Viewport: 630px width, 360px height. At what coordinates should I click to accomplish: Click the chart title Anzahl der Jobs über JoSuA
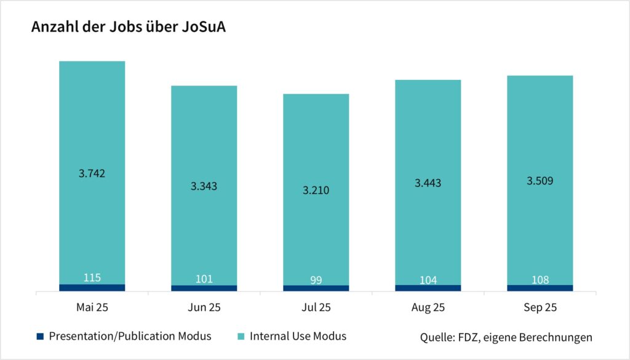click(x=129, y=28)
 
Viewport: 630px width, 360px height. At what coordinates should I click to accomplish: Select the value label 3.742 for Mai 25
click(x=92, y=174)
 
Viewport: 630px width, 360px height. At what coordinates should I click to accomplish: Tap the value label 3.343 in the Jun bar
click(x=204, y=186)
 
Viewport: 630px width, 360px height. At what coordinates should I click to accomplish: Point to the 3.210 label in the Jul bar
click(x=316, y=190)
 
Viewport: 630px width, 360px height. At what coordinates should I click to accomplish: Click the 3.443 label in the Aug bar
click(x=428, y=183)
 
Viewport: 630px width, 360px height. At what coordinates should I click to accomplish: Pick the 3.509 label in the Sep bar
click(x=540, y=181)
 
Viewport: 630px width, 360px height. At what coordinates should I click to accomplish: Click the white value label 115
click(x=92, y=278)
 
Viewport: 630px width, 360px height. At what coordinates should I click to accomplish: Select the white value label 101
click(x=204, y=279)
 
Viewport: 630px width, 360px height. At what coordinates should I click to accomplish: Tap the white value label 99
click(x=316, y=280)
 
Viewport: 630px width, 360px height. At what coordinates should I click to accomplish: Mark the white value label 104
click(x=428, y=280)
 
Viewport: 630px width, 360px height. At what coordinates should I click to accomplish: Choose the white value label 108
click(x=540, y=279)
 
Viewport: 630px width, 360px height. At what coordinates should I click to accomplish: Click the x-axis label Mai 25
click(x=92, y=307)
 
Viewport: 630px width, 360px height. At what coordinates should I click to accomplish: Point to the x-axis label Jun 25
click(x=204, y=307)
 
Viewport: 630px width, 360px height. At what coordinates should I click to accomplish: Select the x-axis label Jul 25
click(x=316, y=307)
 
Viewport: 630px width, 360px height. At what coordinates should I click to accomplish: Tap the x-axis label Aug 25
click(x=428, y=307)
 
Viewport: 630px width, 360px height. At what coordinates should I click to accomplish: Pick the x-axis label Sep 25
click(x=540, y=307)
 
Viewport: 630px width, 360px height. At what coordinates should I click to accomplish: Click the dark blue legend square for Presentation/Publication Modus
click(x=41, y=336)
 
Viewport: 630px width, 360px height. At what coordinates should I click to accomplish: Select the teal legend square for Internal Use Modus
click(x=242, y=336)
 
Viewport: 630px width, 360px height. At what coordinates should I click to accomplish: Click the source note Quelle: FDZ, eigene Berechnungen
click(x=506, y=337)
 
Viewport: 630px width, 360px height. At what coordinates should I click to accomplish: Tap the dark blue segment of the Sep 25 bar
click(x=540, y=288)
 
